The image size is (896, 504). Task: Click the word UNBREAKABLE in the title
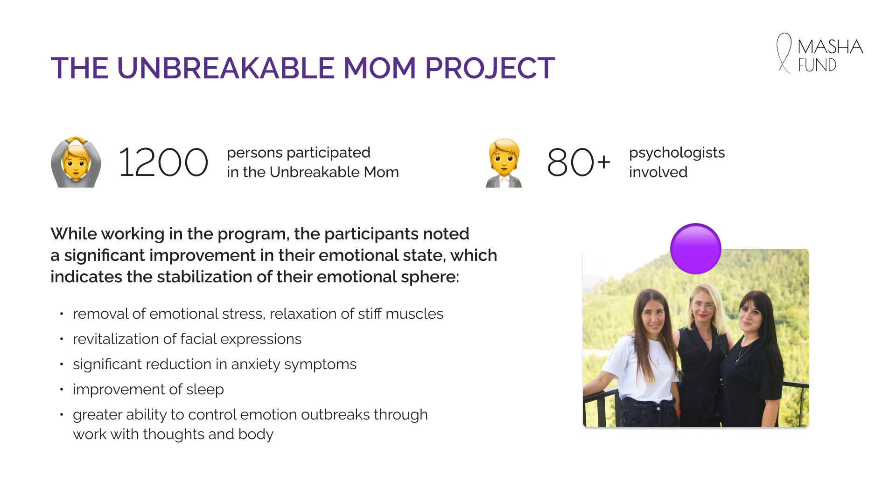(226, 68)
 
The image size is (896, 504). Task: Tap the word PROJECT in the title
(490, 68)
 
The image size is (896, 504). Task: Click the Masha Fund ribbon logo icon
(784, 53)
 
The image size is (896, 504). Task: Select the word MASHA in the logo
(830, 47)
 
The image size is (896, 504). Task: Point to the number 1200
(163, 162)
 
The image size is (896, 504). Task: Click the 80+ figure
(579, 162)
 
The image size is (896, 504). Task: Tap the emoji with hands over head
(76, 162)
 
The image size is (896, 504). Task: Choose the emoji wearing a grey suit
(504, 163)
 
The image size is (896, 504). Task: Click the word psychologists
(677, 153)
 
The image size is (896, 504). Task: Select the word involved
(658, 172)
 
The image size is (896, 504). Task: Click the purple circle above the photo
(696, 248)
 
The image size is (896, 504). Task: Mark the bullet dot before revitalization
(61, 339)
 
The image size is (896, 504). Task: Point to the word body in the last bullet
(256, 434)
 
